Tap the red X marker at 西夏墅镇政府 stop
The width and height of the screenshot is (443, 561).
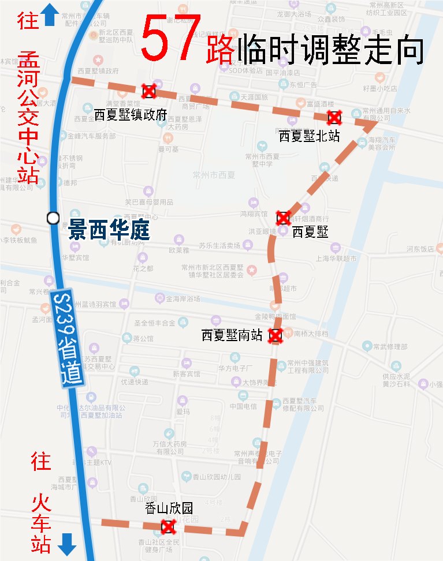tap(149, 91)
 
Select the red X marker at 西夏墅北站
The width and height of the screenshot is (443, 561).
tap(334, 118)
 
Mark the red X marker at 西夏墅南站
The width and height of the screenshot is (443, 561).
tap(276, 335)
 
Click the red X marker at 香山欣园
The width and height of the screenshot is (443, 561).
tap(168, 526)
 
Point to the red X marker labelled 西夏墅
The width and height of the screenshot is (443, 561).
tap(283, 218)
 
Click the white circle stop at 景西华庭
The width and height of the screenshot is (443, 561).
tap(53, 218)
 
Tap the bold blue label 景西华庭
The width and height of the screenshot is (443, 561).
tap(109, 231)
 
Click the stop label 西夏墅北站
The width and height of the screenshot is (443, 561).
tap(309, 136)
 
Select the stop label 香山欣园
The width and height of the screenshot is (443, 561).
tap(169, 508)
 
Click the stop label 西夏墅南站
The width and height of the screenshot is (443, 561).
tap(232, 335)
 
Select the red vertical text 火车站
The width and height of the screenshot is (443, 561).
tap(42, 522)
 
